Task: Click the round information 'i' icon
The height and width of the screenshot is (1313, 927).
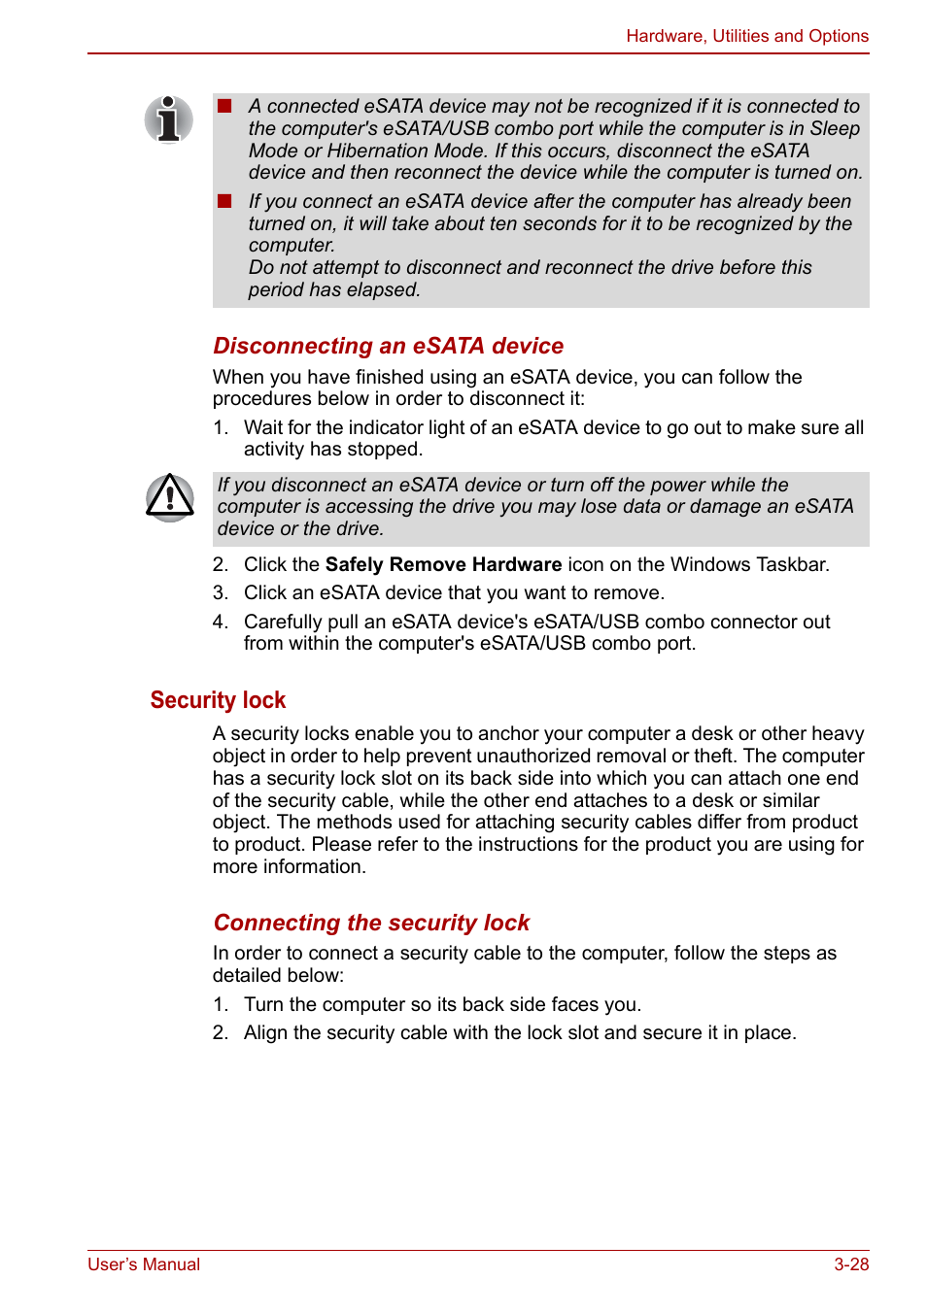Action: (169, 119)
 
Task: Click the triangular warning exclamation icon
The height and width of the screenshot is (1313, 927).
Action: (170, 497)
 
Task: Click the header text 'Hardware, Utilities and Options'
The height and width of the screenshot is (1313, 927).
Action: (746, 36)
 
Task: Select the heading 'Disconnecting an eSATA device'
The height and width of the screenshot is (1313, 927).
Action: (388, 346)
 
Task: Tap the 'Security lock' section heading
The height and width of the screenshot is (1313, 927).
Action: (218, 700)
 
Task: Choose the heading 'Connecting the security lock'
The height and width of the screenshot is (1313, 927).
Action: (371, 923)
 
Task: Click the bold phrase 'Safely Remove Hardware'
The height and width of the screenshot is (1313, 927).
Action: (443, 564)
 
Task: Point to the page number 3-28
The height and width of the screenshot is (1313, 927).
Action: (850, 1264)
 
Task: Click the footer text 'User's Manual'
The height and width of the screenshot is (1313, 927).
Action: (144, 1264)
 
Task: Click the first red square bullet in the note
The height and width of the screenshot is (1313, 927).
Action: (224, 106)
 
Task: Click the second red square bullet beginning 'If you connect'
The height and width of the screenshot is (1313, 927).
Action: (224, 201)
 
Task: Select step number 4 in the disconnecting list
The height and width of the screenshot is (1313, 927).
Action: (220, 622)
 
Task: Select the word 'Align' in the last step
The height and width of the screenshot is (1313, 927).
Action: (265, 1032)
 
